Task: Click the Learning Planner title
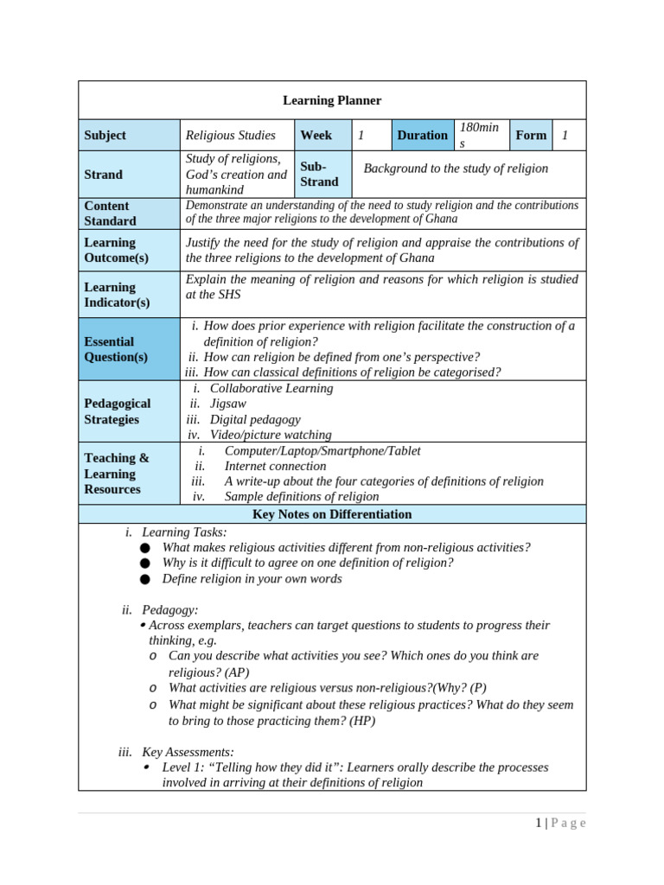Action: (332, 100)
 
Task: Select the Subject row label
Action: (105, 135)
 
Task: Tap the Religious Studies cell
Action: (231, 135)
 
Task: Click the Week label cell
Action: (316, 135)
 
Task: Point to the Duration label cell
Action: (422, 135)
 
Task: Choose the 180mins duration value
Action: (479, 136)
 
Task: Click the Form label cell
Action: (531, 135)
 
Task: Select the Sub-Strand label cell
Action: (319, 174)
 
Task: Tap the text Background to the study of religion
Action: (456, 169)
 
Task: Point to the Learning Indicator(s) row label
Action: (117, 295)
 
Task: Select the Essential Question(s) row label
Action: (116, 349)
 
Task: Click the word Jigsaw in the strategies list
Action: (228, 404)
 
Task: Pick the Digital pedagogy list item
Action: (256, 419)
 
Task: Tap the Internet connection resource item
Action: (275, 466)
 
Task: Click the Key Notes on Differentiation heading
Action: (332, 514)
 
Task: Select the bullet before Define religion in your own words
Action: (145, 579)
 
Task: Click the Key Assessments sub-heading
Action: (188, 752)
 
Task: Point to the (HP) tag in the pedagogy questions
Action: (362, 720)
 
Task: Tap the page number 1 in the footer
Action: (538, 823)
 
